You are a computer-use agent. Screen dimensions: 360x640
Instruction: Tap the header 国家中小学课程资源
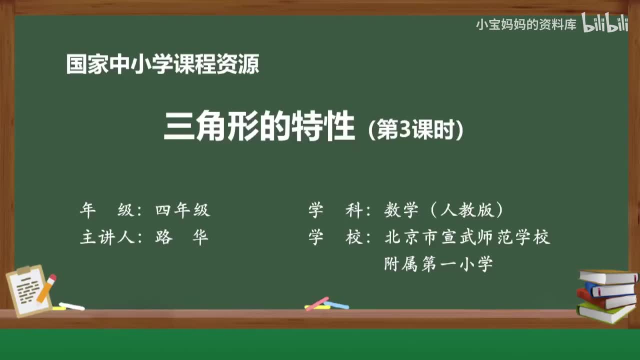coord(162,65)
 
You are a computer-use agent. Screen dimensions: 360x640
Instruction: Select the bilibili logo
coord(605,24)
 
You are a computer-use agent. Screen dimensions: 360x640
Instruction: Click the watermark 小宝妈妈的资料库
coord(526,24)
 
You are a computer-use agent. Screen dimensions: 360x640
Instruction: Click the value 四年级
coord(182,210)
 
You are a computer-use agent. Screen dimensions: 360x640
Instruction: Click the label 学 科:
coord(340,210)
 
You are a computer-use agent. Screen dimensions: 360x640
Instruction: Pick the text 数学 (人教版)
coord(444,210)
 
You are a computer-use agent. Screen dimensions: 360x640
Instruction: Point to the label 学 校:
coord(340,237)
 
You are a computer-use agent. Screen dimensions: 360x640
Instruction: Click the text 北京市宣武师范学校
coord(467,237)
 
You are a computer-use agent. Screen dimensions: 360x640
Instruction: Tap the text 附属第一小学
coord(438,263)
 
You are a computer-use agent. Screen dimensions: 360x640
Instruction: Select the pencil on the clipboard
coord(46,288)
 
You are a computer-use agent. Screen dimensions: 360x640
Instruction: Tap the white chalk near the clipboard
coord(71,306)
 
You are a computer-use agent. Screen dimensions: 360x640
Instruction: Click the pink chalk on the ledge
coord(317,303)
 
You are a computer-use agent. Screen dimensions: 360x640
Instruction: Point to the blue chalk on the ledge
coord(336,304)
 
